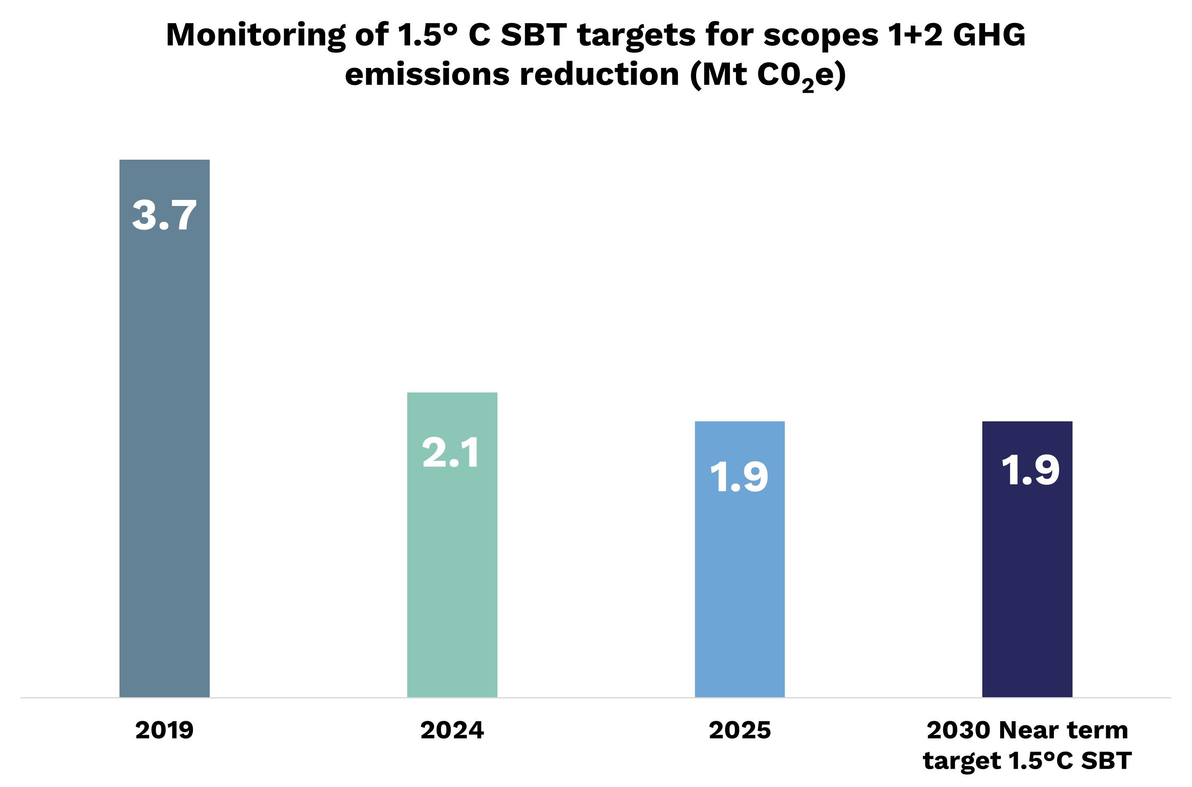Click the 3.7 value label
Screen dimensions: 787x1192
pyautogui.click(x=164, y=215)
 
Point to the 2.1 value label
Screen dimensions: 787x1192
pyautogui.click(x=451, y=453)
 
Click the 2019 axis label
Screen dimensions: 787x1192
pyautogui.click(x=164, y=730)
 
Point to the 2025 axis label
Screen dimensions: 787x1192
pyautogui.click(x=739, y=730)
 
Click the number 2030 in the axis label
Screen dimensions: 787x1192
pyautogui.click(x=959, y=730)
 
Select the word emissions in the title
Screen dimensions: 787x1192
pyautogui.click(x=427, y=75)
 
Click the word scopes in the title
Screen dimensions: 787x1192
pyautogui.click(x=821, y=36)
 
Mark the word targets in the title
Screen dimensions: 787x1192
pyautogui.click(x=636, y=36)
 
